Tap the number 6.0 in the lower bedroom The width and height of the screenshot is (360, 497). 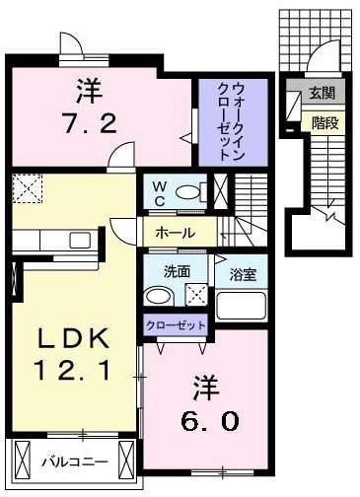pyautogui.click(x=207, y=420)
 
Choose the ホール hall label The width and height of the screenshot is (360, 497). pyautogui.click(x=174, y=233)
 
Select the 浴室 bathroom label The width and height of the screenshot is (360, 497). pyautogui.click(x=243, y=271)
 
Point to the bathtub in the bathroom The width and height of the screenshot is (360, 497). pyautogui.click(x=242, y=303)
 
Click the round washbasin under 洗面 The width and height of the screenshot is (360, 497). pyautogui.click(x=157, y=297)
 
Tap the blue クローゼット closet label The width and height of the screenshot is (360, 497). pyautogui.click(x=177, y=324)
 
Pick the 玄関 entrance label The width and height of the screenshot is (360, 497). pyautogui.click(x=321, y=94)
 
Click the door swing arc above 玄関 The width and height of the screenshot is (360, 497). pyautogui.click(x=325, y=57)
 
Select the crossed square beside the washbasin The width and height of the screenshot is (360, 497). pyautogui.click(x=196, y=294)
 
